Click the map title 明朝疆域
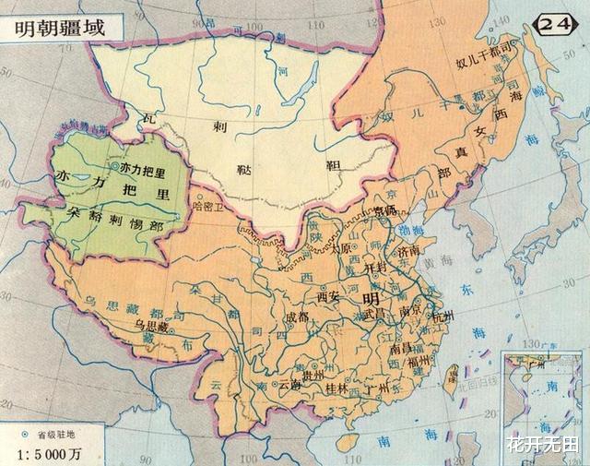click(59, 27)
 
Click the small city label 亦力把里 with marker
click(142, 169)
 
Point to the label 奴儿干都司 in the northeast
click(478, 64)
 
